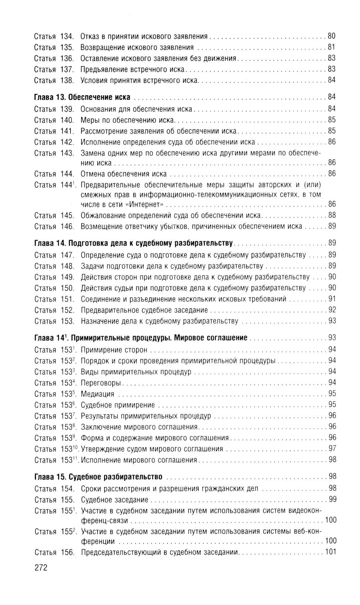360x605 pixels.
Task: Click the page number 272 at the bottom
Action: [41, 568]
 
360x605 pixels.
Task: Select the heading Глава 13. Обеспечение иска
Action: [82, 97]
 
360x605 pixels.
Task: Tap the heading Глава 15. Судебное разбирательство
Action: [98, 477]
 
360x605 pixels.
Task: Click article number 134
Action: [67, 36]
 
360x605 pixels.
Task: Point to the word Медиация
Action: [98, 394]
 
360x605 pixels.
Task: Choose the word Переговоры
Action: [101, 383]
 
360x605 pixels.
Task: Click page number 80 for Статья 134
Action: [332, 36]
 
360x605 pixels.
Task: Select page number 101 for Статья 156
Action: [330, 552]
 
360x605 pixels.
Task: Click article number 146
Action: [67, 227]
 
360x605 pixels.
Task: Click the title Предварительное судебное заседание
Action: [144, 310]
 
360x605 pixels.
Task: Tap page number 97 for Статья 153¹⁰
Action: [332, 449]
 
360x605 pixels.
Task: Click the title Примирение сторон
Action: [114, 350]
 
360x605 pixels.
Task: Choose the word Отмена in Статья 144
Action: [92, 174]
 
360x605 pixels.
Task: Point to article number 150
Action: [67, 288]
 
